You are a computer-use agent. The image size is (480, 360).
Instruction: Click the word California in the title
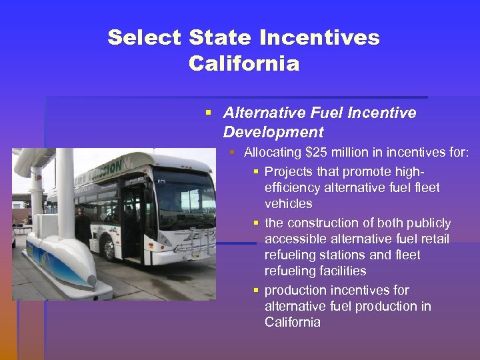244,64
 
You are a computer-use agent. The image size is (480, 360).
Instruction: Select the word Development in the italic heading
273,132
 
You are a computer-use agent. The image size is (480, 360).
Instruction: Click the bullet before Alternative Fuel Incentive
210,113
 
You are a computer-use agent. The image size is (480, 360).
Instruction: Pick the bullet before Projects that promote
255,172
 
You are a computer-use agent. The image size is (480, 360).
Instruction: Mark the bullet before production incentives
255,291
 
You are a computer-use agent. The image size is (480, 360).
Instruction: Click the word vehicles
288,203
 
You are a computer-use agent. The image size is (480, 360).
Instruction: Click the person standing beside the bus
82,224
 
